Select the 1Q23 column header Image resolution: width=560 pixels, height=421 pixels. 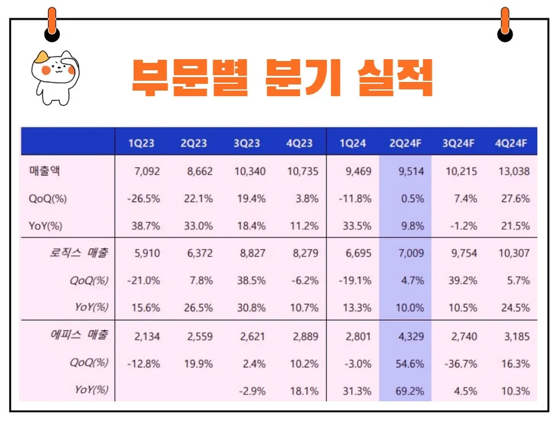tap(142, 143)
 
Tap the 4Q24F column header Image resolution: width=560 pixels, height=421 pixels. tap(512, 143)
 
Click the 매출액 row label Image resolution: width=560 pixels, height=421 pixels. tap(45, 171)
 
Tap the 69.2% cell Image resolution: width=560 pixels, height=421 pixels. tap(410, 391)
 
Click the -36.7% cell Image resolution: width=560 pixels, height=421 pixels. tap(460, 364)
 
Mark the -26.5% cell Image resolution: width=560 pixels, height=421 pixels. tap(144, 199)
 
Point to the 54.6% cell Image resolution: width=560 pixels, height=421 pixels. tap(410, 364)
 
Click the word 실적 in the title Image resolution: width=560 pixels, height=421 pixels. tap(395, 78)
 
